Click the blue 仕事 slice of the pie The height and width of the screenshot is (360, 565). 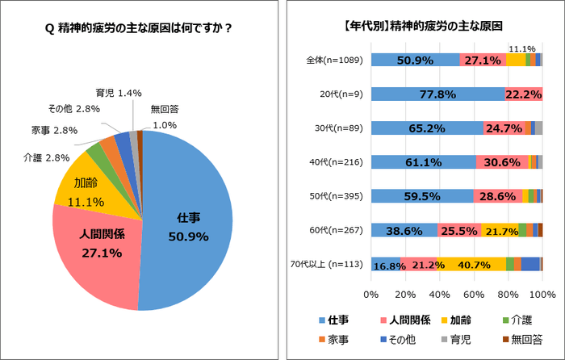pos(190,230)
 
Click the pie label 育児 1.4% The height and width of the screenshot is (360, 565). pos(107,94)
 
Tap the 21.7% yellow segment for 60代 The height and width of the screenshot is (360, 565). pos(500,230)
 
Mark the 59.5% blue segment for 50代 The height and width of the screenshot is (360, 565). pos(422,196)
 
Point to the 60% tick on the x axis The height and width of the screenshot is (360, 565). pos(474,294)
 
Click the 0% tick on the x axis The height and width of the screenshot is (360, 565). pos(371,294)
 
